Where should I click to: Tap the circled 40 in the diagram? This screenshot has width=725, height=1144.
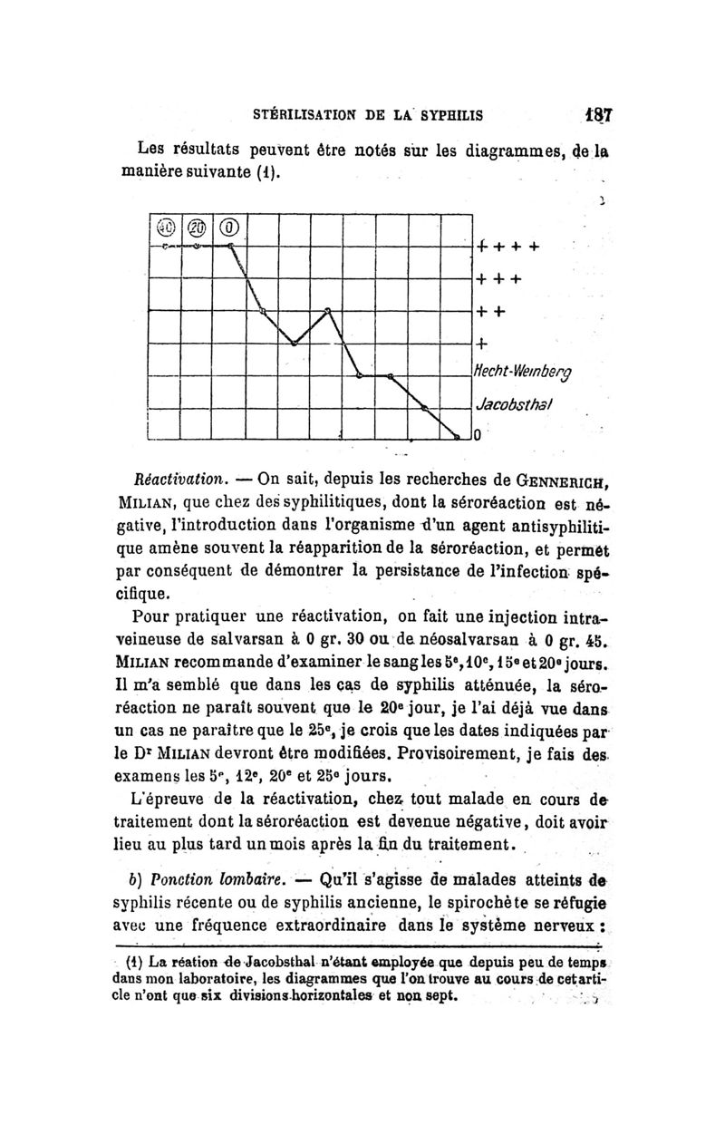tap(165, 227)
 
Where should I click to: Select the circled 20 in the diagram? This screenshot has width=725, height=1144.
tap(198, 227)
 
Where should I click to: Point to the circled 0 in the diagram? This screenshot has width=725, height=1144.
tap(230, 227)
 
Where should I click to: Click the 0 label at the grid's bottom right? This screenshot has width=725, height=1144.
tap(479, 440)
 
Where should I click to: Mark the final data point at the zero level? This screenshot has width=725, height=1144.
tap(458, 439)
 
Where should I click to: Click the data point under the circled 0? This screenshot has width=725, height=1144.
tap(230, 246)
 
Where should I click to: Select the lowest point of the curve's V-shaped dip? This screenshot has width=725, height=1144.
tap(295, 344)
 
